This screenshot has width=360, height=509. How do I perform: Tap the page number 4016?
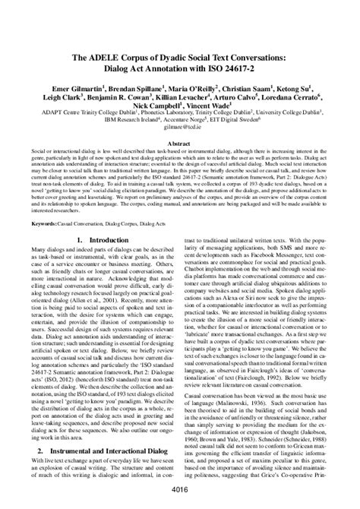180,490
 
